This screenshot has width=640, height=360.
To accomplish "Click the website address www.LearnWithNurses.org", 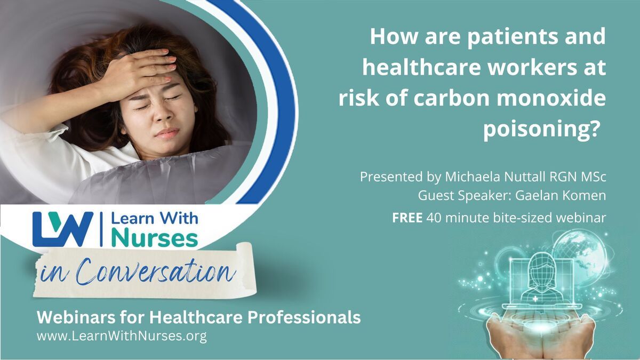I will pos(122,337).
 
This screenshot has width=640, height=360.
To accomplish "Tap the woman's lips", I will pos(166,133).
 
